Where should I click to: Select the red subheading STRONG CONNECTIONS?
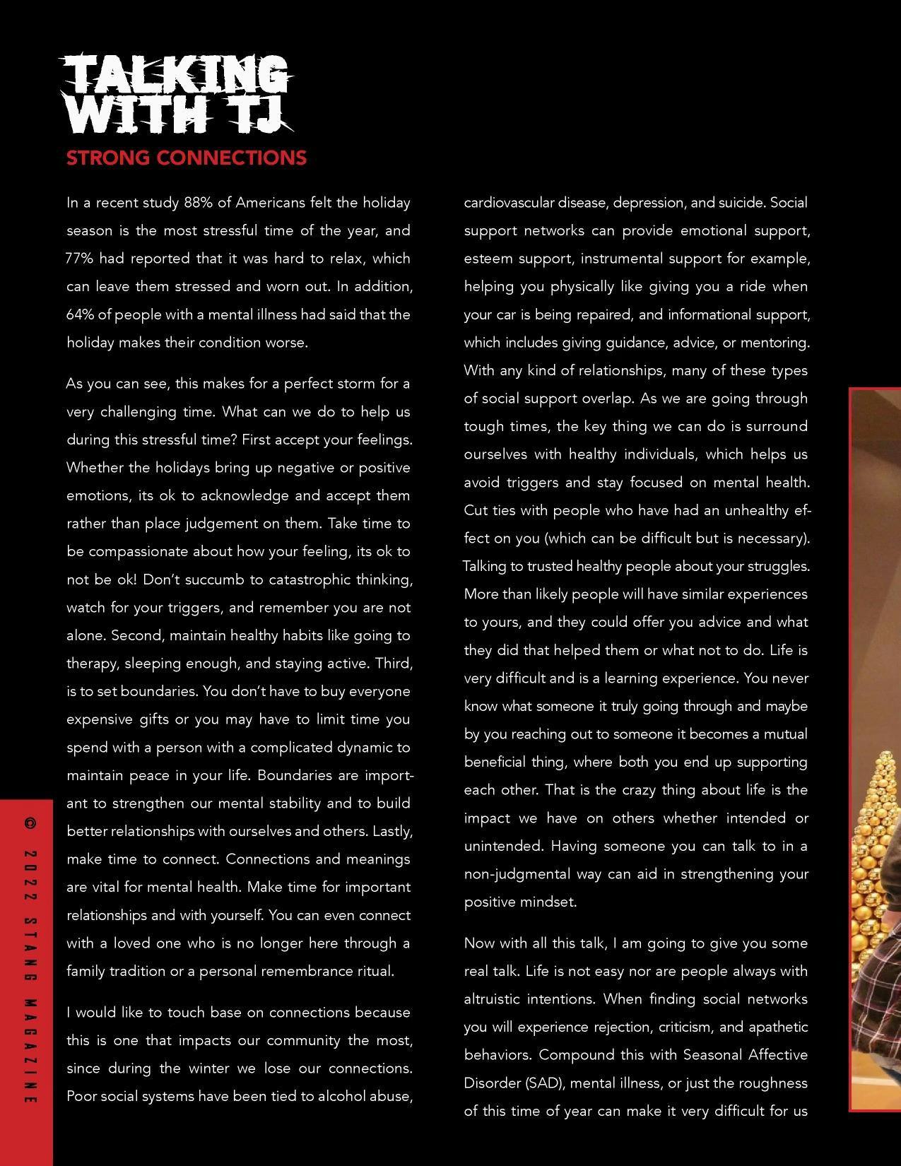186,158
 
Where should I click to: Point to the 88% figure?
199,203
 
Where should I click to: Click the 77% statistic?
79,259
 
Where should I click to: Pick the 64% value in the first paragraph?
79,314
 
